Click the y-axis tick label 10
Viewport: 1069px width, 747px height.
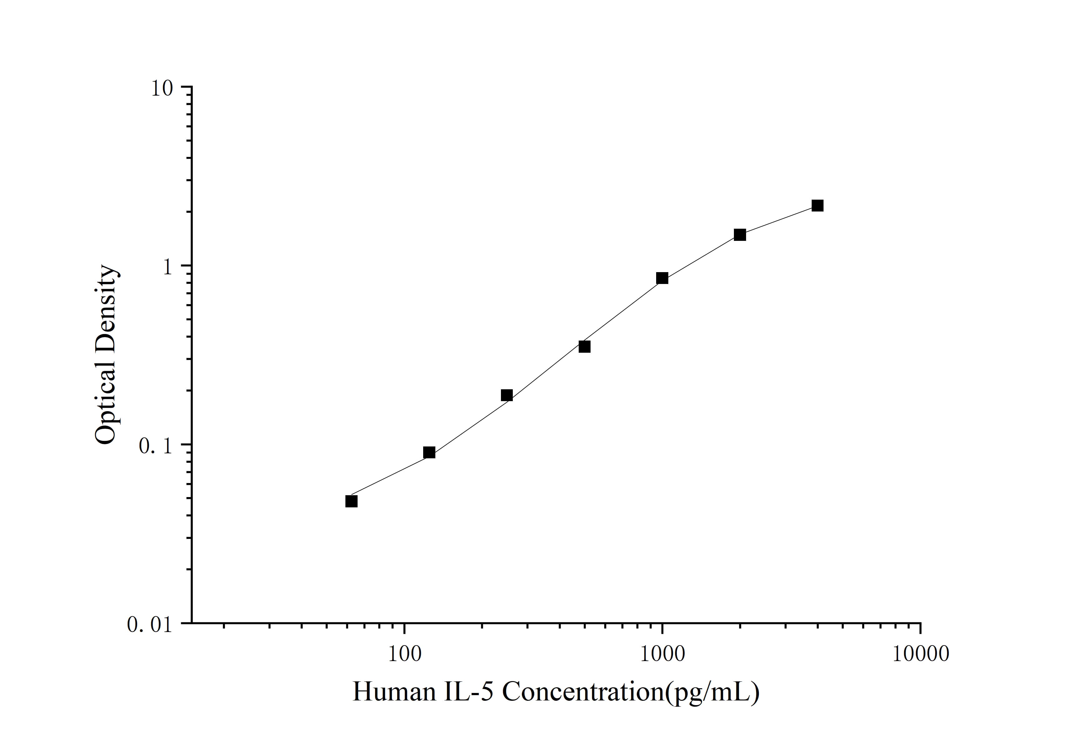click(161, 88)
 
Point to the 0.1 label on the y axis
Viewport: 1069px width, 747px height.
click(156, 446)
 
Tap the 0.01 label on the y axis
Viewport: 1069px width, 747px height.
click(150, 625)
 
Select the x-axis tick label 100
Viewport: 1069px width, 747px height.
click(404, 654)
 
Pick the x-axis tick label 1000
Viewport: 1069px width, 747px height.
click(662, 654)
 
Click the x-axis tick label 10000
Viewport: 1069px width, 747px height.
click(920, 654)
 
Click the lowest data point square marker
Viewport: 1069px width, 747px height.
click(352, 501)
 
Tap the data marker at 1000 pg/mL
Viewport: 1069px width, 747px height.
click(662, 278)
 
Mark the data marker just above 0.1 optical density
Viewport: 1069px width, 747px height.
click(429, 452)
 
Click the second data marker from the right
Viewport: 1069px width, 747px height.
click(740, 235)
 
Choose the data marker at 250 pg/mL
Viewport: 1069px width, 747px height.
click(507, 396)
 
